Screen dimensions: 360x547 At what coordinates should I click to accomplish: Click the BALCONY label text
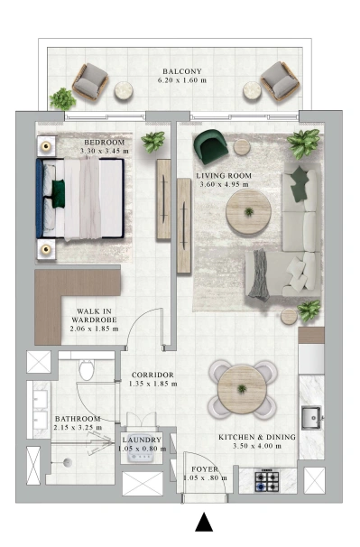(182, 71)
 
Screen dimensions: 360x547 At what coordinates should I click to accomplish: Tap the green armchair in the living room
(210, 146)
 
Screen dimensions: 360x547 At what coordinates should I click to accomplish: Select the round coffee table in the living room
(248, 212)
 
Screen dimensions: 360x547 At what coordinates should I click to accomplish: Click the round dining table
(242, 389)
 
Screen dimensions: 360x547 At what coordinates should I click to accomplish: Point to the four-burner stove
(267, 481)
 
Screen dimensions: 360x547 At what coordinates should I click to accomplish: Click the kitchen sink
(311, 418)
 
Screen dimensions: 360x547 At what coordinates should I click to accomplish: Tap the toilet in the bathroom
(86, 370)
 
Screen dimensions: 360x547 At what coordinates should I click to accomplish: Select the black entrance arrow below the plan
(204, 522)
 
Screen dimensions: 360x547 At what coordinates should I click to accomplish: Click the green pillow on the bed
(59, 194)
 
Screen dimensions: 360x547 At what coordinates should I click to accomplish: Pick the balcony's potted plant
(62, 98)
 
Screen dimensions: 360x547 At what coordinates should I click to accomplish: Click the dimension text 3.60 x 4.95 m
(224, 184)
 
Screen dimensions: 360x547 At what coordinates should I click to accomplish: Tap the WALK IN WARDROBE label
(94, 315)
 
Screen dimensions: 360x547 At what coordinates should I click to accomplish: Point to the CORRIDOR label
(152, 375)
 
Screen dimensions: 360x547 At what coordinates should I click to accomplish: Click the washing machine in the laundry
(142, 452)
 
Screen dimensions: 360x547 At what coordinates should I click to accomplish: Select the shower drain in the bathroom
(68, 462)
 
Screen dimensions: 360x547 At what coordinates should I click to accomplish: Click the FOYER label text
(205, 469)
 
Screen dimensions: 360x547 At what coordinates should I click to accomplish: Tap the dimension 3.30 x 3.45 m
(105, 151)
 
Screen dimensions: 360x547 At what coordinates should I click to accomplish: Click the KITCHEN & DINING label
(257, 437)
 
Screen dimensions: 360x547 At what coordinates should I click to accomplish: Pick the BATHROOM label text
(78, 419)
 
